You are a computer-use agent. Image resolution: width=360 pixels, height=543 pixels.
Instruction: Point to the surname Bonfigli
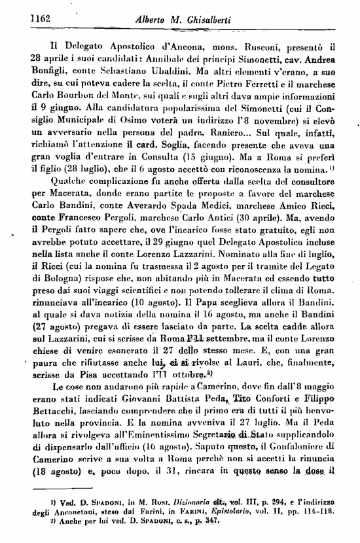(52, 70)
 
